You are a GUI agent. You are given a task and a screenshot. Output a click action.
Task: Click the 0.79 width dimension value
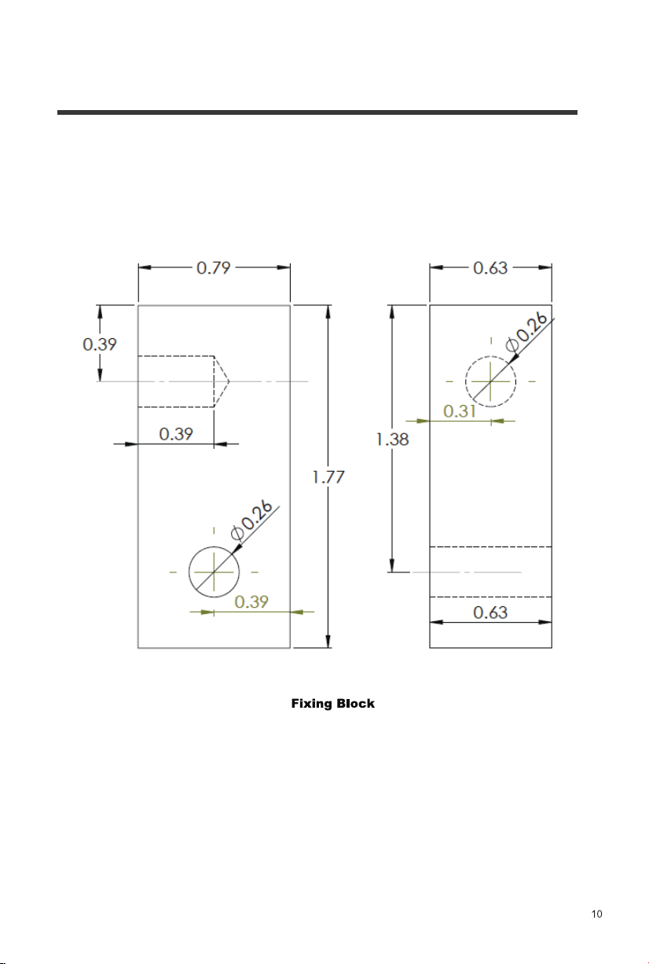[x=214, y=268]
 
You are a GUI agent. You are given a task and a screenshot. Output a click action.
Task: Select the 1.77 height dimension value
[x=328, y=477]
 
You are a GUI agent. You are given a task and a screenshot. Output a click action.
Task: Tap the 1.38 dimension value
[x=392, y=440]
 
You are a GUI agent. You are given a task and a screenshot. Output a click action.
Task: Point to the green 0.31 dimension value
[x=460, y=411]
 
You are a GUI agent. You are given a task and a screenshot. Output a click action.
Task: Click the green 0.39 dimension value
[x=251, y=602]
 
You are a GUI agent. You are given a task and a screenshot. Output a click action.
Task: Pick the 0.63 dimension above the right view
[x=490, y=268]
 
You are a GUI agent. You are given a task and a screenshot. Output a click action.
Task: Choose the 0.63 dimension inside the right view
[x=490, y=613]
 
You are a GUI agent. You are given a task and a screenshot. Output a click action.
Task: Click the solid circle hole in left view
[x=189, y=572]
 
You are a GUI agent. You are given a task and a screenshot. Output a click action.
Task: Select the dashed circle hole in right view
[x=465, y=381]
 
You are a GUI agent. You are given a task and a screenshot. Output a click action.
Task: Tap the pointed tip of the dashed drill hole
[x=229, y=381]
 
